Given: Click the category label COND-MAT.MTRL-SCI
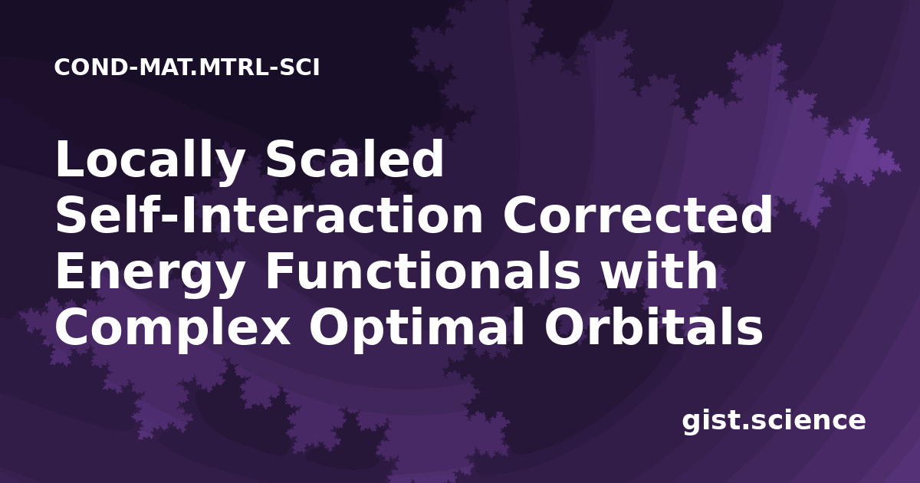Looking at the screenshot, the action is click(x=187, y=67).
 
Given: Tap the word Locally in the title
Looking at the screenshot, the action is click(x=149, y=162).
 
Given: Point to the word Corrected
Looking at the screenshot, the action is click(x=638, y=215).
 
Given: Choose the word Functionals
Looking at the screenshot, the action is click(x=422, y=271).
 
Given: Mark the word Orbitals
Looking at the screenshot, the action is click(x=653, y=327).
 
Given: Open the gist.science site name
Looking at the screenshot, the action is click(x=774, y=422).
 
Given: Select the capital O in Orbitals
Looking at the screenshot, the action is click(x=563, y=327).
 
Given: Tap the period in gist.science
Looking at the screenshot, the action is click(x=745, y=426).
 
